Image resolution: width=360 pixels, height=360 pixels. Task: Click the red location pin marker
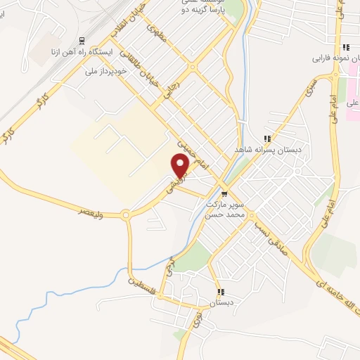[x=181, y=166]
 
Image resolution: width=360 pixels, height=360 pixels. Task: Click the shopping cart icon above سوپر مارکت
[x=224, y=194]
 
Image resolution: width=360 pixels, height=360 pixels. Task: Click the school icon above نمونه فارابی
[x=346, y=47]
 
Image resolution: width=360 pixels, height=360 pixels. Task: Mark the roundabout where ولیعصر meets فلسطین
[x=127, y=216]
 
